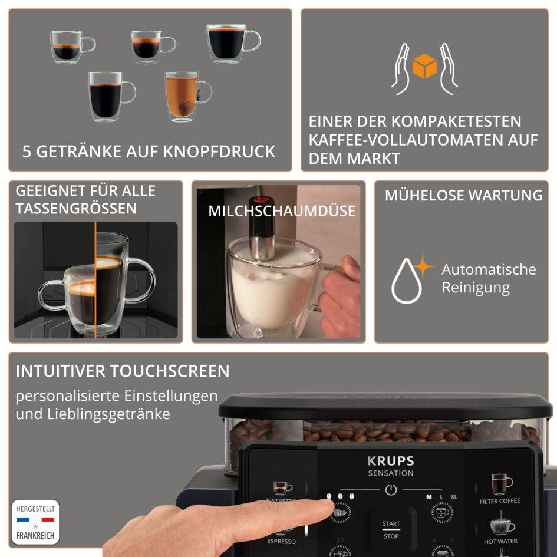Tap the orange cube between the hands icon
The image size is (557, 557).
[424, 66]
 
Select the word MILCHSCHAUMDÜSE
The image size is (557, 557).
[282, 211]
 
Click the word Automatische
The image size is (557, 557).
[489, 270]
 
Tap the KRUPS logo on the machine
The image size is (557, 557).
[390, 461]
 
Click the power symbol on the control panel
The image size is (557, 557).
[390, 489]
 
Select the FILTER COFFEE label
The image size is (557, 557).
[500, 501]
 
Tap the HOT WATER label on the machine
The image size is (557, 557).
[500, 541]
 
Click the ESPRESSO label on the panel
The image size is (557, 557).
[281, 541]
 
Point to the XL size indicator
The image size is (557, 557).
[453, 497]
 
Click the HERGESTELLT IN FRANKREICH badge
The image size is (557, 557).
[35, 522]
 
